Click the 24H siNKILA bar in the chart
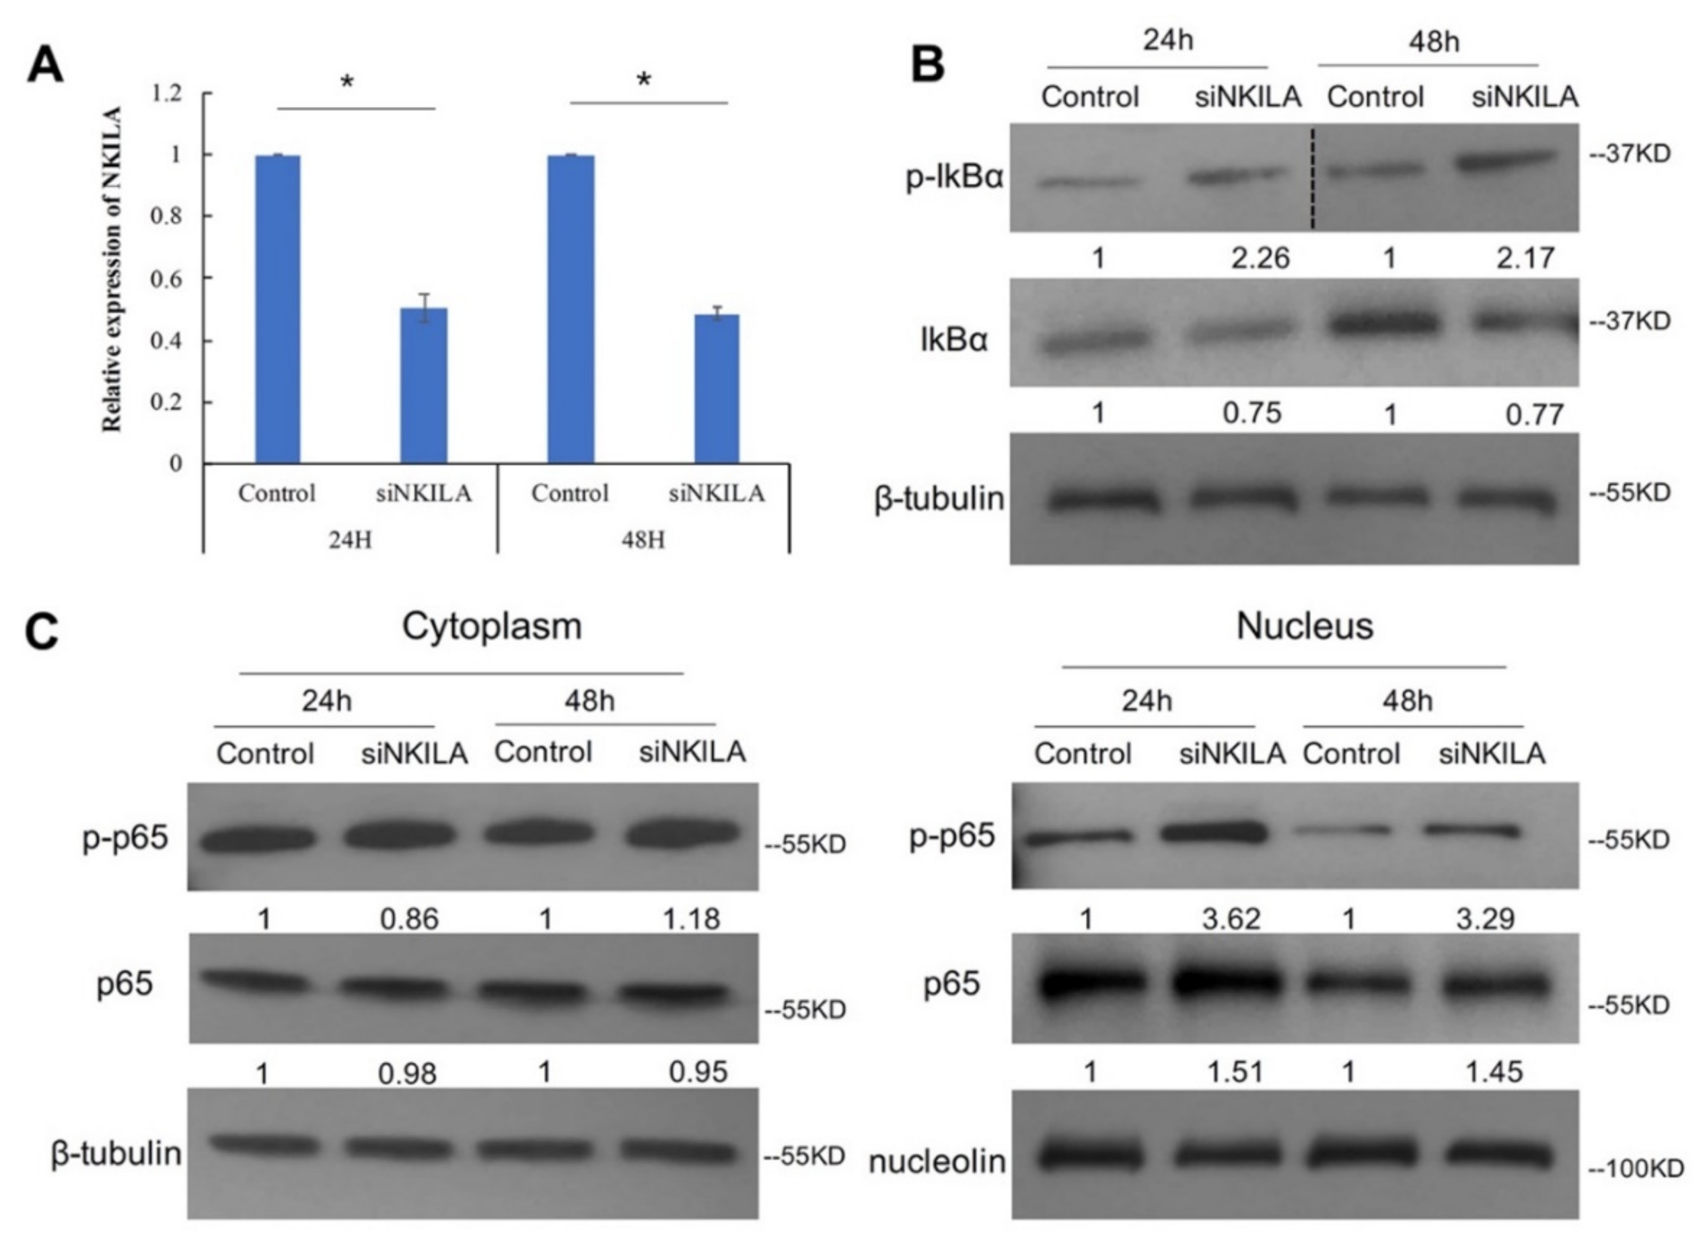pyautogui.click(x=423, y=385)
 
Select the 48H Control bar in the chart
pyautogui.click(x=571, y=309)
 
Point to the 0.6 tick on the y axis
pyautogui.click(x=167, y=279)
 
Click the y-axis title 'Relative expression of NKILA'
pyautogui.click(x=112, y=269)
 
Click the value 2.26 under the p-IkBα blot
pyautogui.click(x=1260, y=258)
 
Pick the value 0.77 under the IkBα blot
pyautogui.click(x=1534, y=414)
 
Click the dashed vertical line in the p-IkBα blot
pyautogui.click(x=1313, y=178)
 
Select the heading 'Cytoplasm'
pyautogui.click(x=491, y=626)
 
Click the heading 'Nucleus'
pyautogui.click(x=1305, y=626)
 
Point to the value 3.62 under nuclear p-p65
pyautogui.click(x=1231, y=919)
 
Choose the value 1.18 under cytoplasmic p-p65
pyautogui.click(x=691, y=919)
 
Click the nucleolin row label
pyautogui.click(x=937, y=1161)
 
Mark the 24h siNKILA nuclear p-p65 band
pyautogui.click(x=1212, y=831)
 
